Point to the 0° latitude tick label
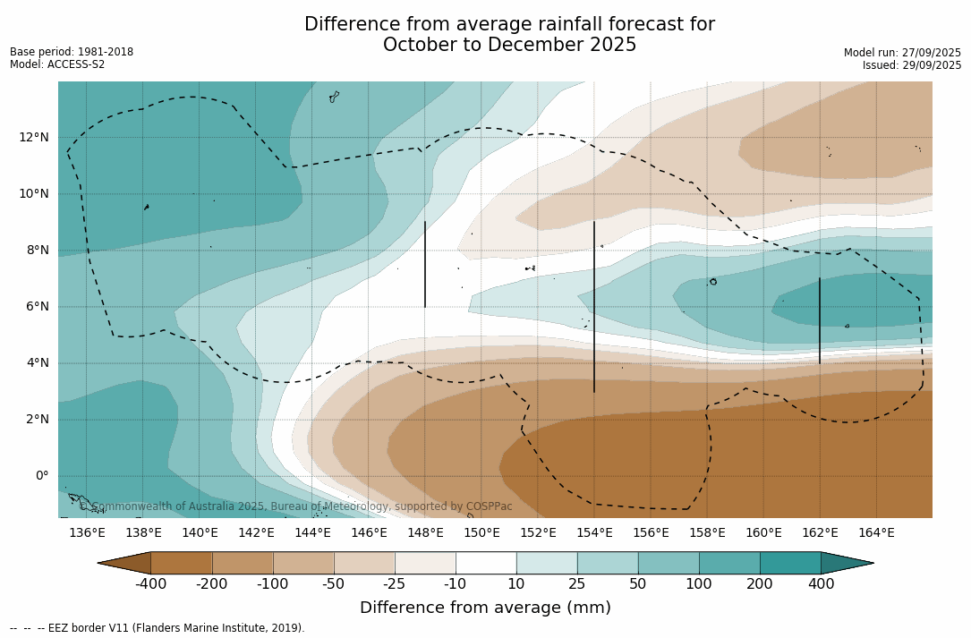40,475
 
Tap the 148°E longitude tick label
425,533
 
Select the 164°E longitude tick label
876,533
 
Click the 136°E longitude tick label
87,533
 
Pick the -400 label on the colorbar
150,584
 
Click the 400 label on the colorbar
821,584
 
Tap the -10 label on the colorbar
456,584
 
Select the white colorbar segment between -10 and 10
486,563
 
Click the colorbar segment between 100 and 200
729,563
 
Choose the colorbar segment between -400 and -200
182,563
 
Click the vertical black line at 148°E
425,265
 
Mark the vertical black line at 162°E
820,320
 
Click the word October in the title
415,45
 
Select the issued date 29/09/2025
933,65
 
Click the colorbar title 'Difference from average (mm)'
485,608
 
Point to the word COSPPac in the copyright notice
490,506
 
